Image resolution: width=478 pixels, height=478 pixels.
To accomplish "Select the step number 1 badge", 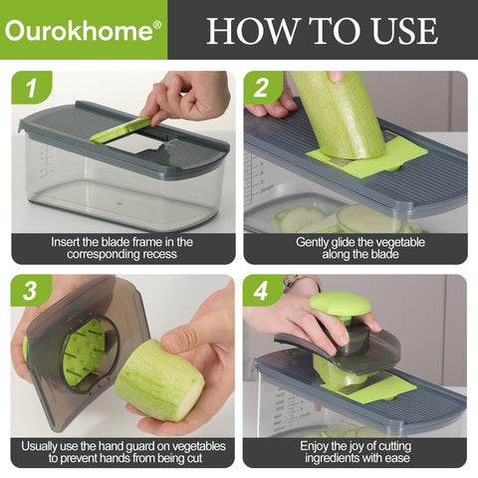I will pyautogui.click(x=31, y=89).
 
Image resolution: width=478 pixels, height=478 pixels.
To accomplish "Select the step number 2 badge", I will pyautogui.click(x=265, y=89).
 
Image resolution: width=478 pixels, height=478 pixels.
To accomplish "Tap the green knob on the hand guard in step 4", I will pyautogui.click(x=340, y=304).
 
